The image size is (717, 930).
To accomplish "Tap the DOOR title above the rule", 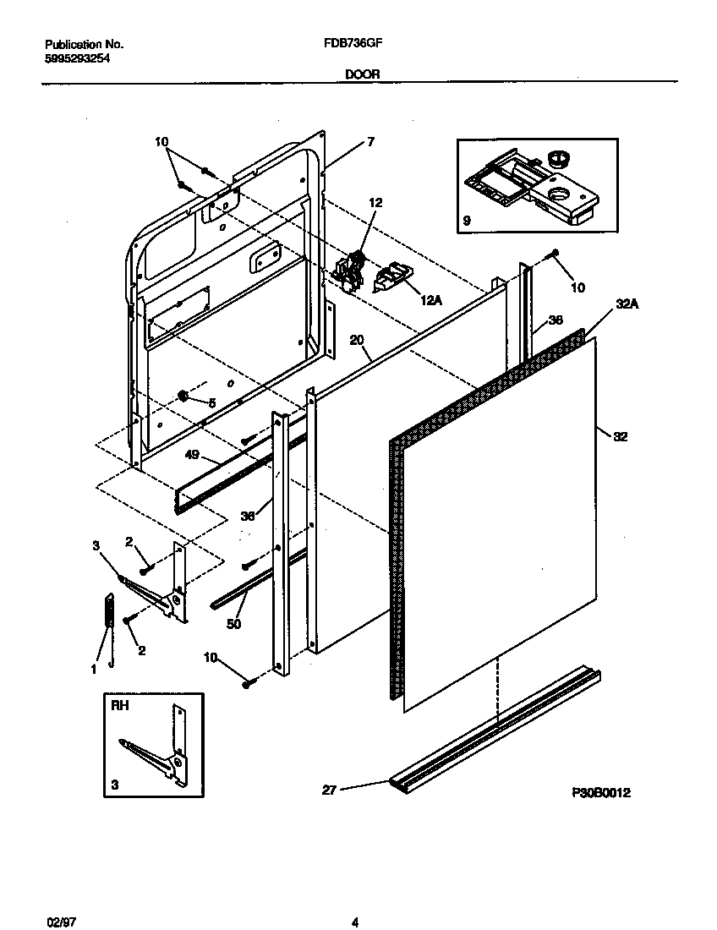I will pos(362,74).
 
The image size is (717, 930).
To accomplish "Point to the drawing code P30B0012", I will pos(601,793).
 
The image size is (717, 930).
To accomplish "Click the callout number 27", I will pos(330,790).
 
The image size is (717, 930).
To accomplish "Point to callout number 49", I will pos(192,454).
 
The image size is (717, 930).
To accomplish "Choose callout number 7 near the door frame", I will pos(369,142).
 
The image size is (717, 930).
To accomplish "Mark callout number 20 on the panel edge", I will pos(357,340).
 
